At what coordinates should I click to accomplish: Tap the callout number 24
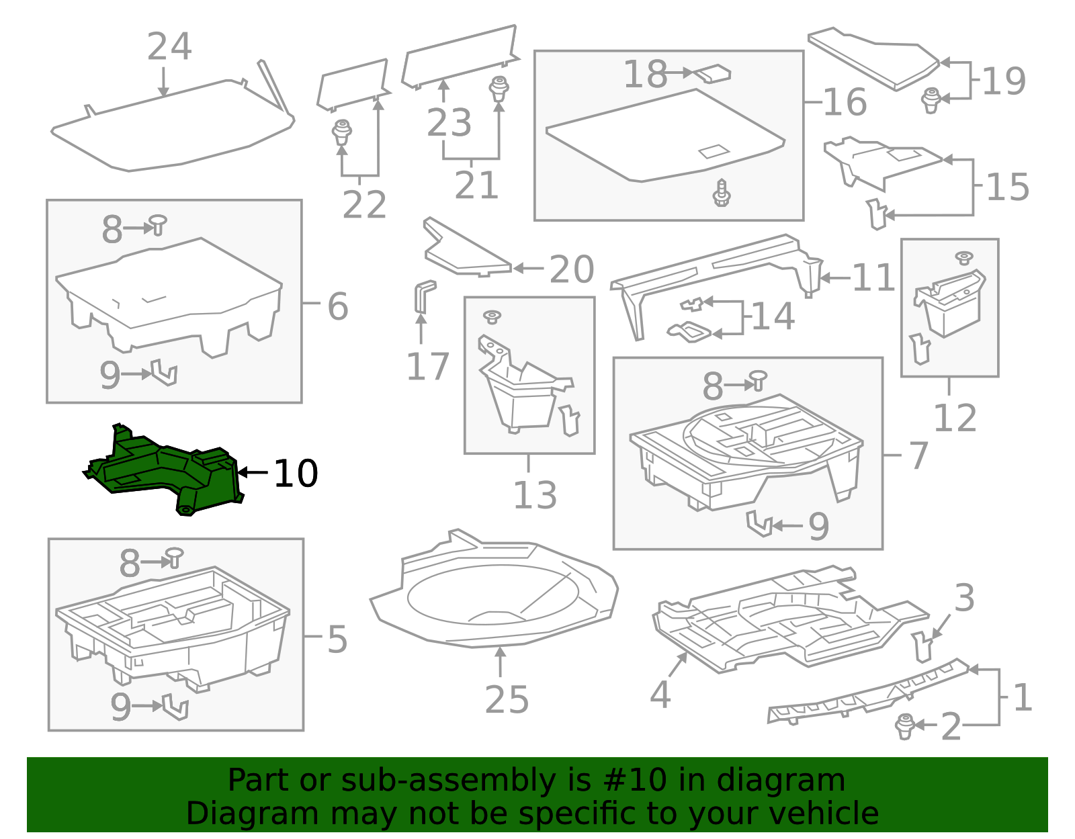[169, 47]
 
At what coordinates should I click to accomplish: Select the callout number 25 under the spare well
[507, 699]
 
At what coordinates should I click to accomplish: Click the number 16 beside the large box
[845, 102]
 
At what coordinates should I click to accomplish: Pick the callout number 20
[571, 269]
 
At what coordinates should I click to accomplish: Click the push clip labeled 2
[905, 726]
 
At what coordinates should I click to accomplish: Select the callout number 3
[964, 597]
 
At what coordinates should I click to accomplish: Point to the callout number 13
[535, 495]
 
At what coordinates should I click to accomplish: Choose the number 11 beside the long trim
[873, 277]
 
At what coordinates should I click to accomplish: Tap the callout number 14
[773, 316]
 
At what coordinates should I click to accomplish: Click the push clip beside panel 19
[931, 99]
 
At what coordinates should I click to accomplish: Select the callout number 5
[337, 639]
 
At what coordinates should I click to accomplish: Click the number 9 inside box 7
[818, 526]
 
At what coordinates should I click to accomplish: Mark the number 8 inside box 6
[112, 229]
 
